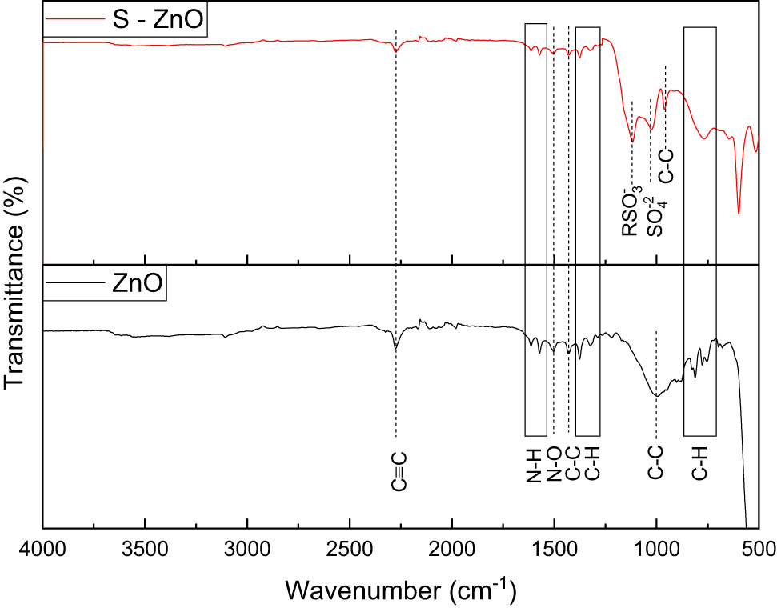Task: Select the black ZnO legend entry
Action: [106, 284]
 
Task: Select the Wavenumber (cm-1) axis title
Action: [400, 590]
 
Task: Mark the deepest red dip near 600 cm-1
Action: [738, 212]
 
